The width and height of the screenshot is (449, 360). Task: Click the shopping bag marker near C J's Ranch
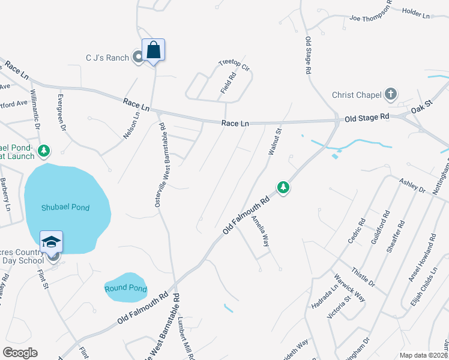click(153, 50)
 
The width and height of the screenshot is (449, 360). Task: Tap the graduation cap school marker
click(51, 242)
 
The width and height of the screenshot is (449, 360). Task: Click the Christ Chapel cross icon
click(391, 94)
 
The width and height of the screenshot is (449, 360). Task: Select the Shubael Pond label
click(65, 208)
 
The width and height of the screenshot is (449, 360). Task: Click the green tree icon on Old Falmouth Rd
click(283, 188)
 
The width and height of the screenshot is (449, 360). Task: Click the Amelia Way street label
click(259, 231)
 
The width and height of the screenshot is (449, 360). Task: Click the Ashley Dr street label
click(412, 185)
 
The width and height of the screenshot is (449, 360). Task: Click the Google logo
click(20, 353)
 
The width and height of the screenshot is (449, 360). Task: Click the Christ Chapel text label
click(357, 95)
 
